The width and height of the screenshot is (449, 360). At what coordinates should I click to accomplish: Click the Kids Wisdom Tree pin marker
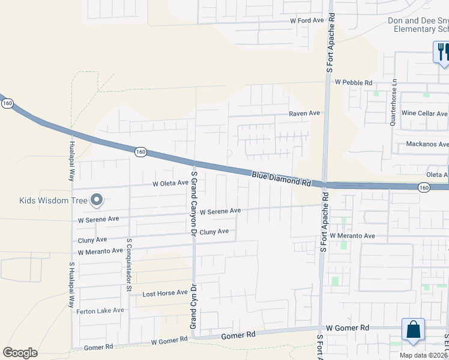[x=96, y=201]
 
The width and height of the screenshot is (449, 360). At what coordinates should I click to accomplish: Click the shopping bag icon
[x=413, y=330]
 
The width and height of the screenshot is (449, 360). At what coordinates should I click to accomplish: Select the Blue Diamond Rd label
[x=280, y=178]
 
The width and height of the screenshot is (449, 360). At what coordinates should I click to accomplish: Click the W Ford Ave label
[x=307, y=20]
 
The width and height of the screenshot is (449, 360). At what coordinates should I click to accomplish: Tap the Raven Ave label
[x=304, y=113]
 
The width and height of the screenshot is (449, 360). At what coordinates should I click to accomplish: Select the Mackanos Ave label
[x=427, y=144]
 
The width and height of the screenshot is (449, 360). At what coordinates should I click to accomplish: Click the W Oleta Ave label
[x=170, y=183]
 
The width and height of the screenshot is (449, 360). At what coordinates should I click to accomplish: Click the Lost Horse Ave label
[x=164, y=294]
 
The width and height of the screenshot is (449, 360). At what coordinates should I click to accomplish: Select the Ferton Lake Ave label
[x=100, y=311]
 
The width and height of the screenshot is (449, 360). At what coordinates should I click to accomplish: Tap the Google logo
[x=20, y=353]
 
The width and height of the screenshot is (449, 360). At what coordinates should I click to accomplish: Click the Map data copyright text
[x=424, y=355]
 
